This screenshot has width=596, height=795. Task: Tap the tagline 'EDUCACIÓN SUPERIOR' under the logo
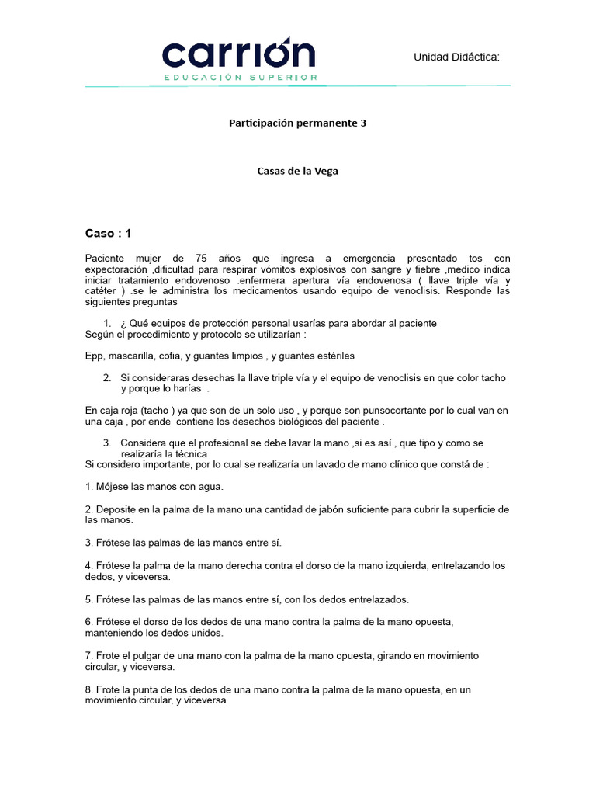(240, 78)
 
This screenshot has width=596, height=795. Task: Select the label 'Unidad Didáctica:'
(456, 57)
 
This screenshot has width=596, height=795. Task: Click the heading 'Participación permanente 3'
(297, 123)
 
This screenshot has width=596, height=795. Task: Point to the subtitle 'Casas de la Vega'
(297, 172)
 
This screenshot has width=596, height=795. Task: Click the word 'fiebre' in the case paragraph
(440, 269)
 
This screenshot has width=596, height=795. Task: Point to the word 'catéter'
(102, 291)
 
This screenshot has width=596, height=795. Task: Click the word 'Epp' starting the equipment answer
(94, 356)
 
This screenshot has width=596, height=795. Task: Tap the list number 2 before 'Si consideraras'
(106, 378)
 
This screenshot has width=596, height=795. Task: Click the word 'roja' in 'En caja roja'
(136, 410)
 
